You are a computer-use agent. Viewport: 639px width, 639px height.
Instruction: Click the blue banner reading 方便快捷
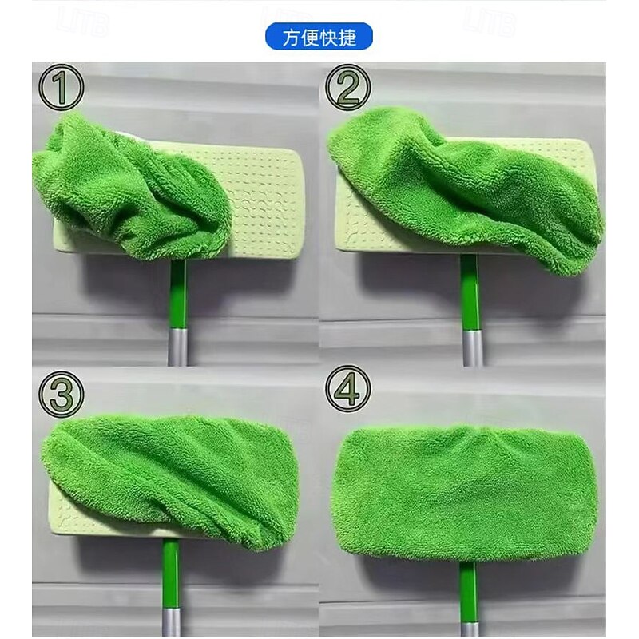pos(319,36)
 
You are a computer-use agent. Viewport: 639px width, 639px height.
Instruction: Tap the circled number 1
pos(62,88)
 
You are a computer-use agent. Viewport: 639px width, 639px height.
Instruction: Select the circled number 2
pos(348,87)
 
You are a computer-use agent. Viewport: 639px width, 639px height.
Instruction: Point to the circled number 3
pos(62,394)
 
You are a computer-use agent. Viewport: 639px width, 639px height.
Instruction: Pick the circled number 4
pos(348,388)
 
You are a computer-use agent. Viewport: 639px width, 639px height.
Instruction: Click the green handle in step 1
pos(178,293)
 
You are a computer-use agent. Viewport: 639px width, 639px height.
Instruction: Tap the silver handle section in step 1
pos(177,347)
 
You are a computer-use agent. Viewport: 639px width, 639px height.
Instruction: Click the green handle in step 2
pos(471,292)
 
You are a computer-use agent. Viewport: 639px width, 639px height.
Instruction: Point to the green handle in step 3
pos(171,574)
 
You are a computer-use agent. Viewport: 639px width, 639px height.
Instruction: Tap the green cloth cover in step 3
pos(171,477)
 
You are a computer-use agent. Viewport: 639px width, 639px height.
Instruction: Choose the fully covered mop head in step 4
pos(466,492)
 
